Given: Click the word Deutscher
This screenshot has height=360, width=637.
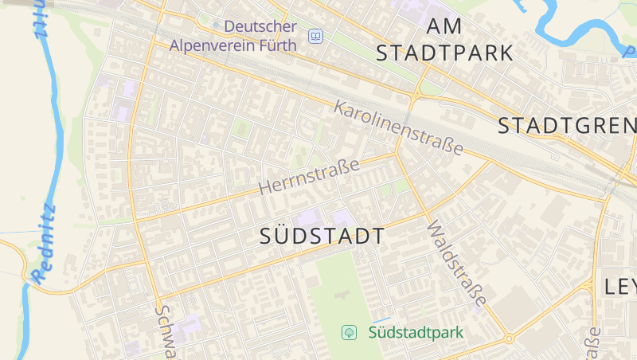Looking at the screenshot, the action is tap(260, 26).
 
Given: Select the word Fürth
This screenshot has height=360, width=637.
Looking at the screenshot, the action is tap(276, 45).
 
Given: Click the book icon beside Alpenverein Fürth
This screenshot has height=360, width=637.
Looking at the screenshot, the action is tap(316, 37).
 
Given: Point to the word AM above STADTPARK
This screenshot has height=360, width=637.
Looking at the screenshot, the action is tap(444, 26).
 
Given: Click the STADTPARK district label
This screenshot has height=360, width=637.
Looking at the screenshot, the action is tap(445, 53).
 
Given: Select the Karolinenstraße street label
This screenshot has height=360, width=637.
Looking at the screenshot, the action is tap(398, 127).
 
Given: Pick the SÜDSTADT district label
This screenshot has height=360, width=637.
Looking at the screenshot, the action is tap(322, 236).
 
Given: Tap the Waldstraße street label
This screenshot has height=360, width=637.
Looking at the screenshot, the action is tap(456, 264).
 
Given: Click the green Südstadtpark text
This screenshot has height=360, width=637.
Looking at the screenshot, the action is tap(416, 331).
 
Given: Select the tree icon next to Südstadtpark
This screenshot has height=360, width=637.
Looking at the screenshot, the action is tap(348, 331).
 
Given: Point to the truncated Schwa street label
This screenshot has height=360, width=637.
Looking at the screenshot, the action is tap(164, 331).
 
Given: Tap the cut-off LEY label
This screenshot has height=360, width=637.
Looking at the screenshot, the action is tap(620, 287).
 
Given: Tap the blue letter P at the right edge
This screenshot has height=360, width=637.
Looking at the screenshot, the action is tap(629, 52).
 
